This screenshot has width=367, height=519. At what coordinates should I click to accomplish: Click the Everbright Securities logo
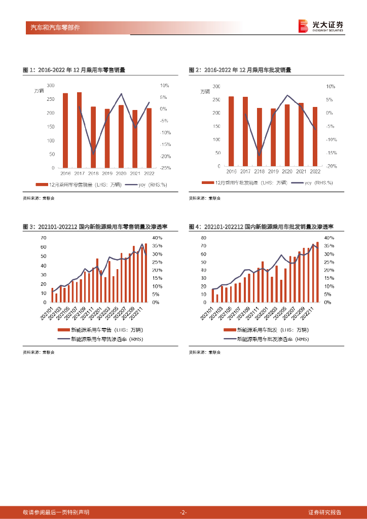[320, 26]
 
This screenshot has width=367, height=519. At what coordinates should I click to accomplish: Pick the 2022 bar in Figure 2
[315, 136]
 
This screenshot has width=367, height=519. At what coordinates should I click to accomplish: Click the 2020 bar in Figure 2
[287, 135]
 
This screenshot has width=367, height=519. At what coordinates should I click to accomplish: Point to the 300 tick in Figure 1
[51, 85]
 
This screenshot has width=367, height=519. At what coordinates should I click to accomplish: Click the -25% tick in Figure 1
[164, 168]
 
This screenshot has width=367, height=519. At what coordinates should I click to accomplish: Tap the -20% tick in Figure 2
[331, 166]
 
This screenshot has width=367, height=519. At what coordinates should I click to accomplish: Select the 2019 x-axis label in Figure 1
[107, 173]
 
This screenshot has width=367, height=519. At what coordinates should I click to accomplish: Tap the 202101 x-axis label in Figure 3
[46, 313]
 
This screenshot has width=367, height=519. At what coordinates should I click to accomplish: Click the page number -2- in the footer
[183, 512]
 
